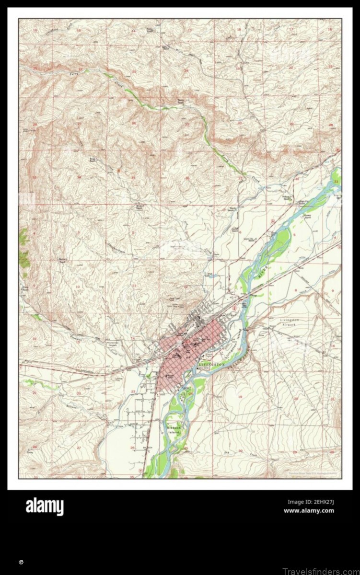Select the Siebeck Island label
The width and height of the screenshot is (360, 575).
point(174,429)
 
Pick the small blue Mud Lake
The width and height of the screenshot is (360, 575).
point(213,276)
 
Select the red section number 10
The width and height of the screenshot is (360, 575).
point(77,287)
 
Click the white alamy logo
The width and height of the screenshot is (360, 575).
point(45,507)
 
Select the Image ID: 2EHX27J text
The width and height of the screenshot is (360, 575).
point(311,502)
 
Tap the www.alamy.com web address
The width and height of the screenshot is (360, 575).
point(309,511)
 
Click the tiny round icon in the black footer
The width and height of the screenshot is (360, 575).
point(22,561)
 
